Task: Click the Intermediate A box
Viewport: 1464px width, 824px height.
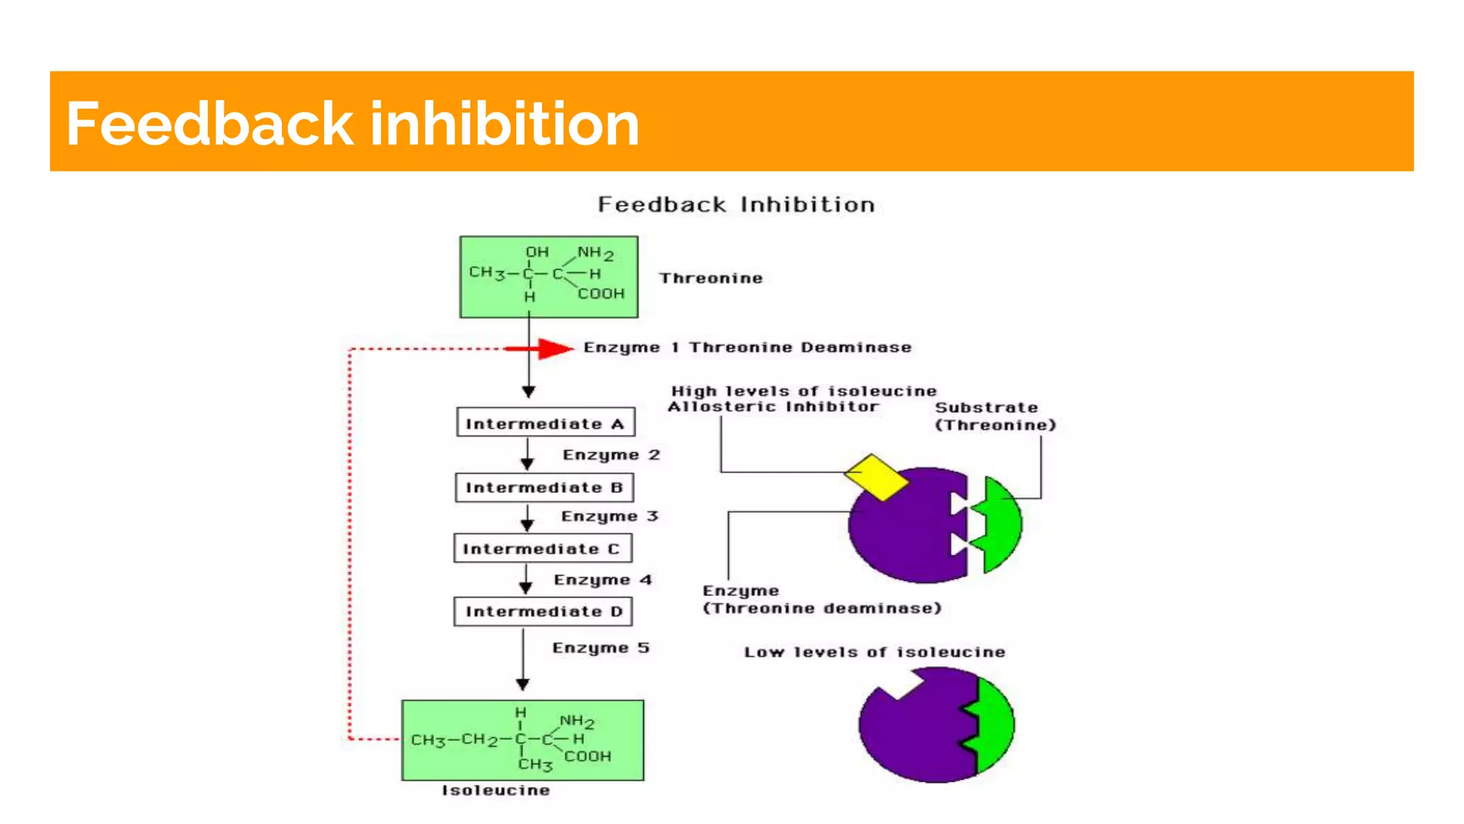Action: [x=545, y=423]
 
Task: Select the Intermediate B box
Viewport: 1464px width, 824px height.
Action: [x=544, y=488]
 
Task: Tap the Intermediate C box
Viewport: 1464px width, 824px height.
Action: [x=543, y=549]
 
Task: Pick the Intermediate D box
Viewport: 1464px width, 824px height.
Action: [x=543, y=612]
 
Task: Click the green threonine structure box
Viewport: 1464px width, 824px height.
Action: [x=548, y=277]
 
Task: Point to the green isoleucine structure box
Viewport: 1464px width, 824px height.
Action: [x=523, y=740]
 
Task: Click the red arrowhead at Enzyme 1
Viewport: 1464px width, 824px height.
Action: [x=554, y=348]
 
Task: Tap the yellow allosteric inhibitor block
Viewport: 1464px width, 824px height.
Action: [x=876, y=477]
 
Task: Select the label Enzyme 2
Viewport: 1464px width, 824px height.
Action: [x=611, y=455]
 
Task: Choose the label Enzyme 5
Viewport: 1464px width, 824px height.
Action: [x=600, y=648]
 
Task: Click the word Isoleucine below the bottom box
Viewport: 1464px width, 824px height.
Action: [x=495, y=790]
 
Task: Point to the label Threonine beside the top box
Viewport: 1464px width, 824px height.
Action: [x=711, y=278]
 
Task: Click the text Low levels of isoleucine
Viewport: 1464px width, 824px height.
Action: [x=874, y=652]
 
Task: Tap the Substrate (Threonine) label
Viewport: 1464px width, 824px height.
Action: [x=994, y=416]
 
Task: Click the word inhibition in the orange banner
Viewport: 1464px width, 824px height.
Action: [x=504, y=124]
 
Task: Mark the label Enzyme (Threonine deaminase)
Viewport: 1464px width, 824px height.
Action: [x=821, y=599]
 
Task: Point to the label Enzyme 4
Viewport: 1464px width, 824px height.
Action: [x=603, y=580]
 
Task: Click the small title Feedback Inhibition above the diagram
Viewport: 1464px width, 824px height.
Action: [x=736, y=205]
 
